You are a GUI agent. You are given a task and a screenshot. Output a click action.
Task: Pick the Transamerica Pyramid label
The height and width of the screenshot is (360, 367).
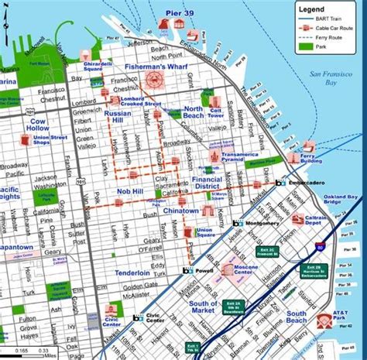(243, 153)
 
